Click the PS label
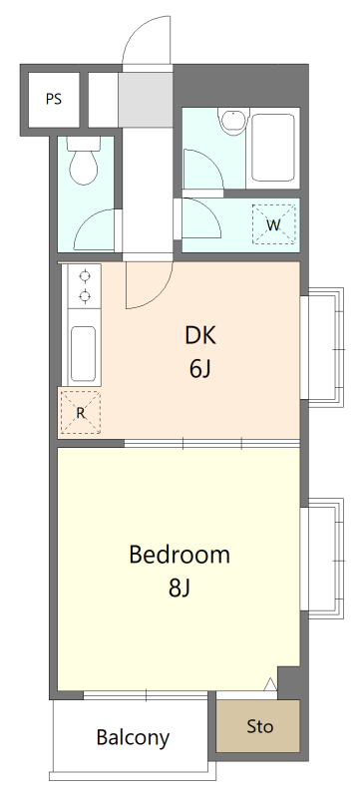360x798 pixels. pyautogui.click(x=54, y=99)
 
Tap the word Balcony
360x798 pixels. pyautogui.click(x=133, y=737)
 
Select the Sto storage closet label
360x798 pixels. pyautogui.click(x=260, y=726)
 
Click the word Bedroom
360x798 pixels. pyautogui.click(x=180, y=555)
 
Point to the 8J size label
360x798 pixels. pyautogui.click(x=180, y=589)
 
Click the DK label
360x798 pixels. pyautogui.click(x=200, y=336)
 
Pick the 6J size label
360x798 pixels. pyautogui.click(x=199, y=369)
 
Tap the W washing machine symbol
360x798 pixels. pyautogui.click(x=273, y=224)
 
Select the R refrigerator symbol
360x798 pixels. pyautogui.click(x=81, y=412)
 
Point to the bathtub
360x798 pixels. pyautogui.click(x=273, y=148)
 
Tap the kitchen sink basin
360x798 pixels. pyautogui.click(x=83, y=354)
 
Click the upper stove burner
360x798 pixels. pyautogui.click(x=85, y=275)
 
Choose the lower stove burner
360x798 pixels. pyautogui.click(x=85, y=294)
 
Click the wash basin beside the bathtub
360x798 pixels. pyautogui.click(x=233, y=121)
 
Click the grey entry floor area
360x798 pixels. pyautogui.click(x=146, y=99)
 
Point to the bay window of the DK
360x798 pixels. pyautogui.click(x=322, y=347)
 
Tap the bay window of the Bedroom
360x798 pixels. pyautogui.click(x=322, y=559)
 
